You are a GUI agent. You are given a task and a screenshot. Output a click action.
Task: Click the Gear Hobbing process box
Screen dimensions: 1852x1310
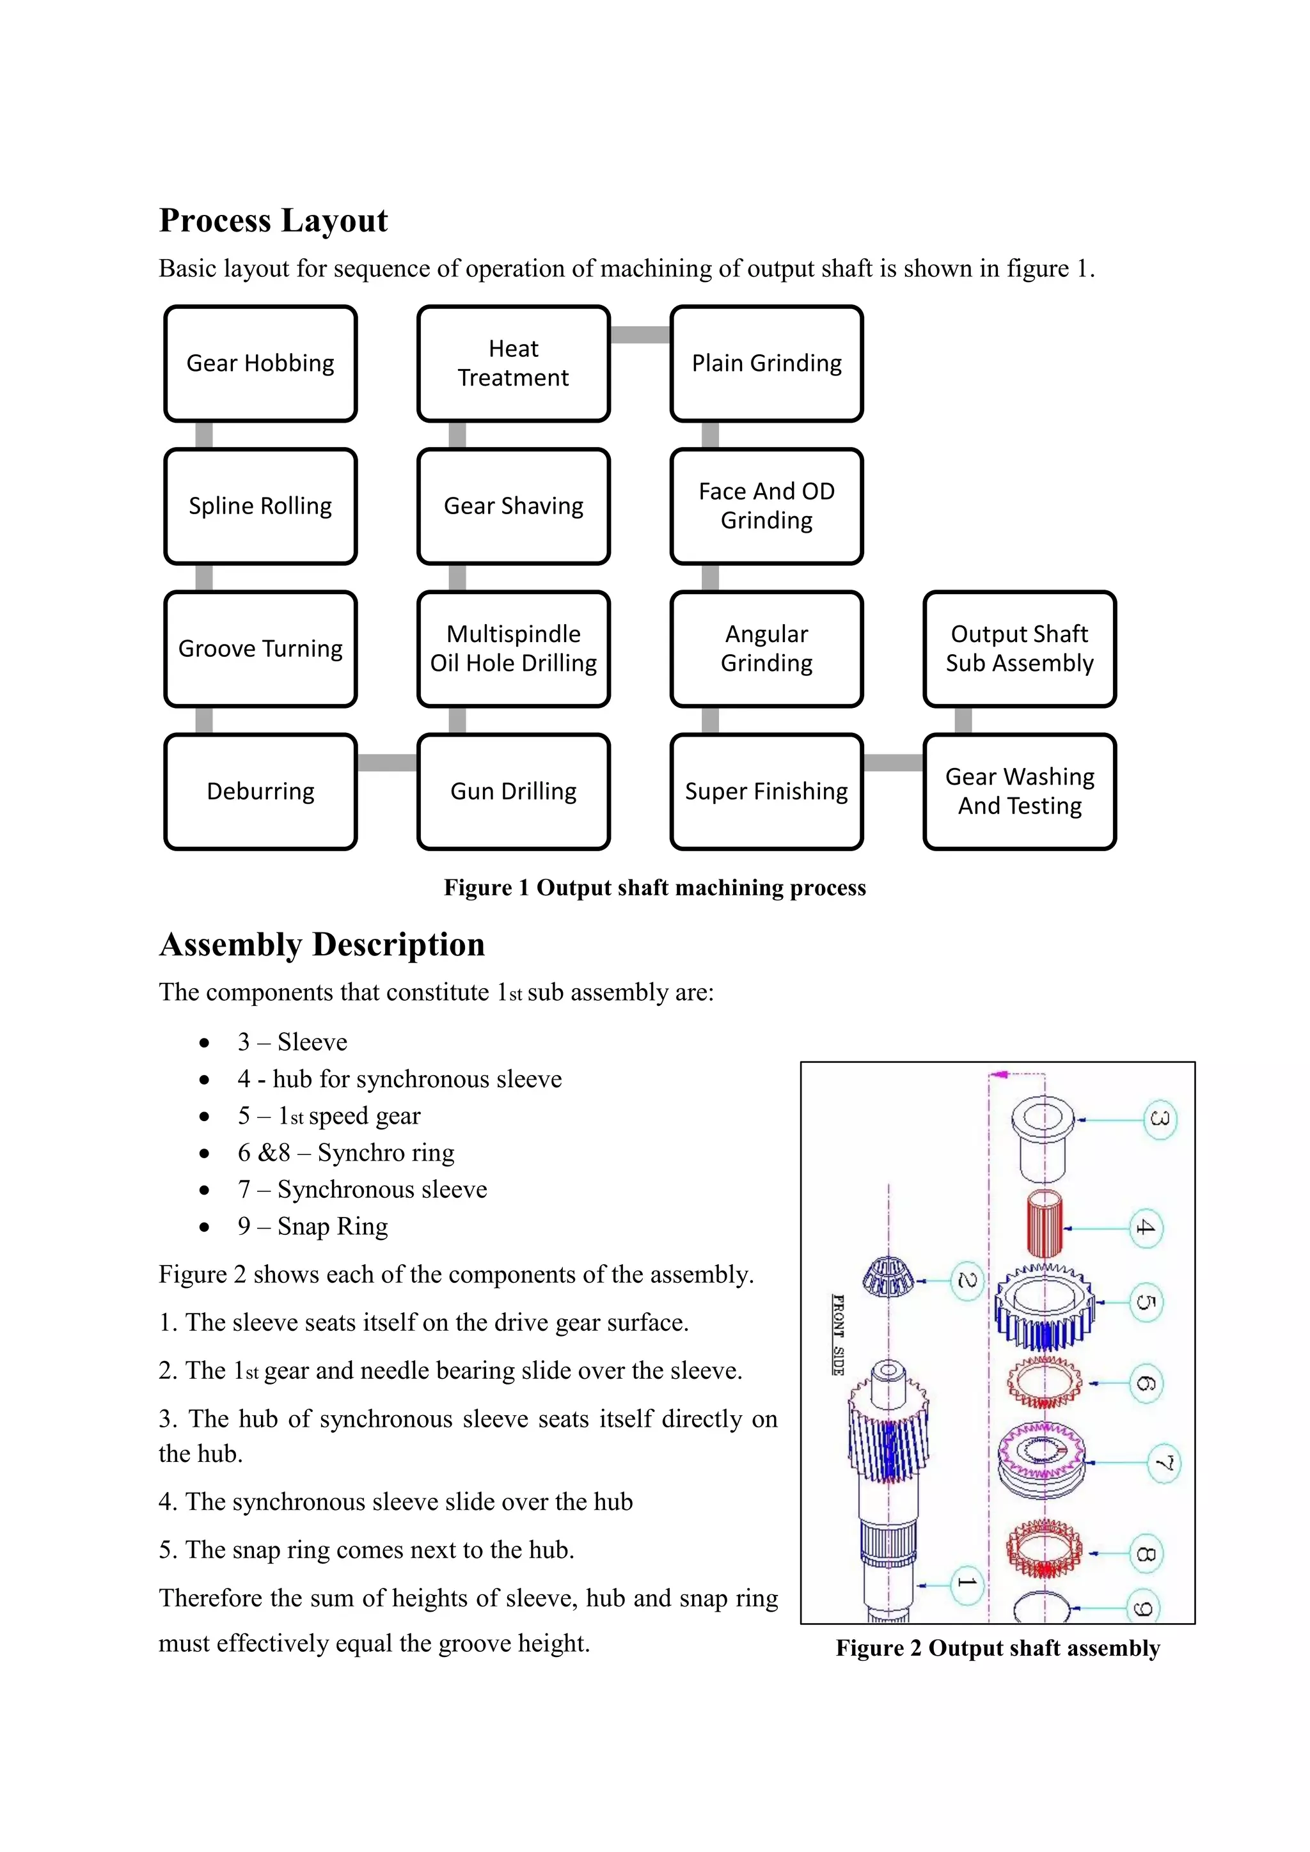(260, 363)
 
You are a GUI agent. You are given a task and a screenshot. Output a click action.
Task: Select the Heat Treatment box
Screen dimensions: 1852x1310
(513, 363)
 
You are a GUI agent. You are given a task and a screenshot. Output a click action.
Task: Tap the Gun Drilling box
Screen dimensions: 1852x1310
(513, 791)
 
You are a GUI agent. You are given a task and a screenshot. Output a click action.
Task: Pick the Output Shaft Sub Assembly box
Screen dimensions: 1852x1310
(1020, 648)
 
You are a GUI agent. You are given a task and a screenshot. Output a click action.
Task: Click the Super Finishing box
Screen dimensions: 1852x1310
(766, 791)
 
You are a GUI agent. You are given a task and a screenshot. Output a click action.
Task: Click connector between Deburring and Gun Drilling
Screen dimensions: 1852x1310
(387, 763)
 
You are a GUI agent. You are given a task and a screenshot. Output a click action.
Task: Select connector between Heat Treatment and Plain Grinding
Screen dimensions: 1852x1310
(640, 334)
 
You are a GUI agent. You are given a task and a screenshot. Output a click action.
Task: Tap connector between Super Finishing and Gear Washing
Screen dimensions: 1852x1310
(894, 763)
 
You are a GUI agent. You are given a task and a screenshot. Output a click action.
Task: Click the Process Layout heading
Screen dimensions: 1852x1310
(274, 220)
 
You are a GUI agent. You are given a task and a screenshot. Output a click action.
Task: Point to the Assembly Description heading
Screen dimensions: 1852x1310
(322, 945)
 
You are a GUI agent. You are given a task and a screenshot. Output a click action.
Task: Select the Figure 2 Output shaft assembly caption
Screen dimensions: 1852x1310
(998, 1648)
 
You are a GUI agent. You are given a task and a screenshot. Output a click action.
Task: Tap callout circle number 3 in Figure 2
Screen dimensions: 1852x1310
(1160, 1120)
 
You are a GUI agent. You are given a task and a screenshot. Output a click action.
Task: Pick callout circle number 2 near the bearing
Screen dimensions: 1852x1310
(967, 1281)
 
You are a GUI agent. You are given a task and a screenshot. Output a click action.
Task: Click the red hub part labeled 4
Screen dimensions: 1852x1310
(1045, 1226)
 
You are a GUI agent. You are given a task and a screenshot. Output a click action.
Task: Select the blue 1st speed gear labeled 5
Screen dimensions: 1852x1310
(1045, 1307)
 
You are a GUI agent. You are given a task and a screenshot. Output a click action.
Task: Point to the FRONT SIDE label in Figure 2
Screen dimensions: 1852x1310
(838, 1334)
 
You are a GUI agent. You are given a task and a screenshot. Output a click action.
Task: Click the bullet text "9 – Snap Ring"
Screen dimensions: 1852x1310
(312, 1226)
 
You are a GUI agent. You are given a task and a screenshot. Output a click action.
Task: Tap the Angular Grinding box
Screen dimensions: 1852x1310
(766, 648)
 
